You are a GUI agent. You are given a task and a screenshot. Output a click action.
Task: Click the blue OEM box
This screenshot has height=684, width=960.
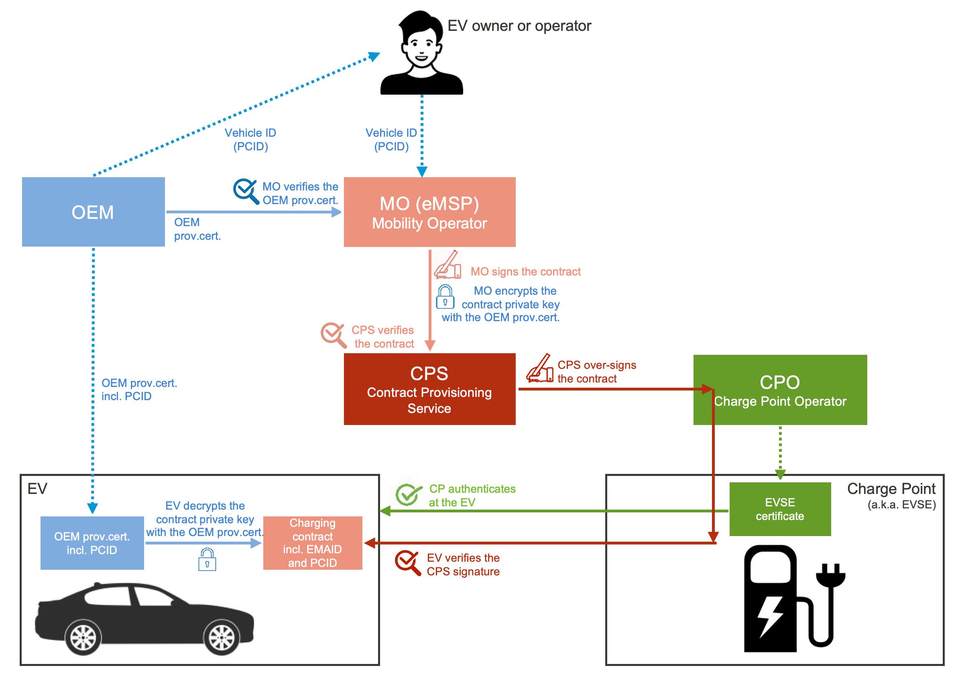(x=93, y=212)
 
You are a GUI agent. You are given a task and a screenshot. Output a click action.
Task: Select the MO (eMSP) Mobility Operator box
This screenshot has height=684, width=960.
(x=429, y=212)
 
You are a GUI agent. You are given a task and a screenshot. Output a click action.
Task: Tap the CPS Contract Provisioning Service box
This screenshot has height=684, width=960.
(x=429, y=389)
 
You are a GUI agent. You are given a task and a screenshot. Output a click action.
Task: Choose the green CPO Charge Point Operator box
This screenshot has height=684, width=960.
(x=779, y=390)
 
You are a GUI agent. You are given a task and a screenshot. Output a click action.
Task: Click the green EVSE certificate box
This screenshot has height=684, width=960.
(x=779, y=509)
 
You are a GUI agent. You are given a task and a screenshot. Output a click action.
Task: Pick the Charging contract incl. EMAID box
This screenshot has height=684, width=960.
(x=312, y=543)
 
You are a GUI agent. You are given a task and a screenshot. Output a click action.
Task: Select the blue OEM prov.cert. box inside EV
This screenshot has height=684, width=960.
(x=92, y=543)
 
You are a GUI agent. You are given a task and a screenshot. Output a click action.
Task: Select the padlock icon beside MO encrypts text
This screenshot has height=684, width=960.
(x=445, y=297)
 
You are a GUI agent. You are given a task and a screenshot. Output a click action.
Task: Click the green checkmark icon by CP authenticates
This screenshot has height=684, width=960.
(x=408, y=494)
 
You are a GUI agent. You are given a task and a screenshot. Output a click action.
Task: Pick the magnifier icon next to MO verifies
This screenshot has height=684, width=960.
(x=246, y=192)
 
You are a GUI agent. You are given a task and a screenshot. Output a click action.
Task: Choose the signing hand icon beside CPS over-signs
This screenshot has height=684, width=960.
(x=540, y=369)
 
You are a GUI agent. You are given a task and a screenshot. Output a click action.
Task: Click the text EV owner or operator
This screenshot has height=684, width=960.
(x=519, y=26)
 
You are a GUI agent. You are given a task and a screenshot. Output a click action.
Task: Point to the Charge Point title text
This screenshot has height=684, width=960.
(x=891, y=489)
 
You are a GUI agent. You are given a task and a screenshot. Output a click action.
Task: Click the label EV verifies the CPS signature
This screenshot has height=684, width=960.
(x=463, y=565)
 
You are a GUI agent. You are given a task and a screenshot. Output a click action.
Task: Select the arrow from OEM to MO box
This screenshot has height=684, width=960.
(x=253, y=212)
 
